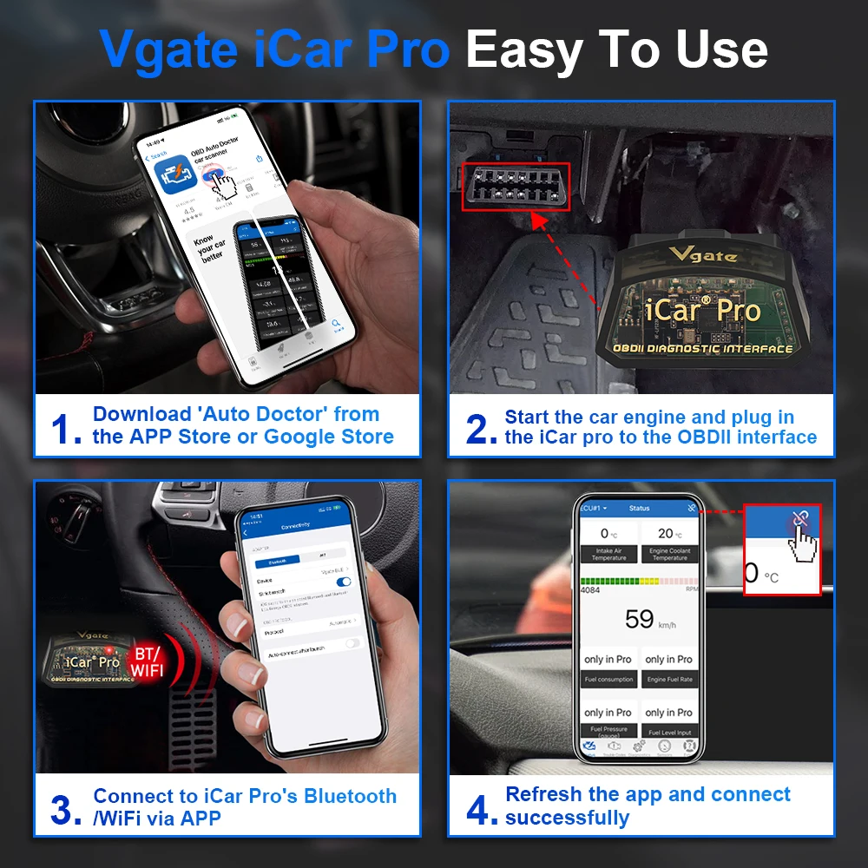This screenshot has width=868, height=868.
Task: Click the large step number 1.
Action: pyautogui.click(x=66, y=427)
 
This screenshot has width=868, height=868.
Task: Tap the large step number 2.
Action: pyautogui.click(x=481, y=428)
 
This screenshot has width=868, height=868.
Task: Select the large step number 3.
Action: pyautogui.click(x=66, y=808)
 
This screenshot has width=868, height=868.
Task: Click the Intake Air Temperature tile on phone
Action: pyautogui.click(x=608, y=543)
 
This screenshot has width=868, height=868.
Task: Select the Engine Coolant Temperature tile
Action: pyautogui.click(x=669, y=543)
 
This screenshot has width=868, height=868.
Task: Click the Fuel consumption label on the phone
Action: pyautogui.click(x=608, y=680)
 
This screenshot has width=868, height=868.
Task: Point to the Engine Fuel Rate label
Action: pyautogui.click(x=669, y=680)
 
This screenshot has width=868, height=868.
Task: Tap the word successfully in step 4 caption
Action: pyautogui.click(x=567, y=818)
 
